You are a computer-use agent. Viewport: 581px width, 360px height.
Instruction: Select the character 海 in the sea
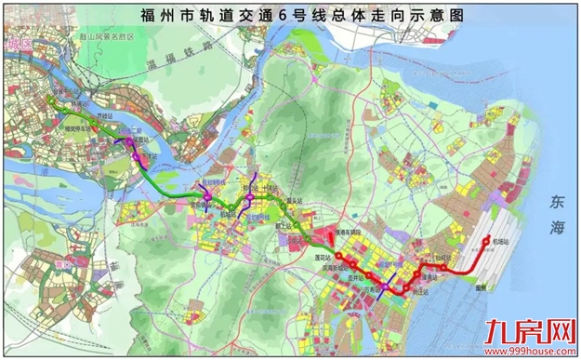[x=557, y=228]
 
